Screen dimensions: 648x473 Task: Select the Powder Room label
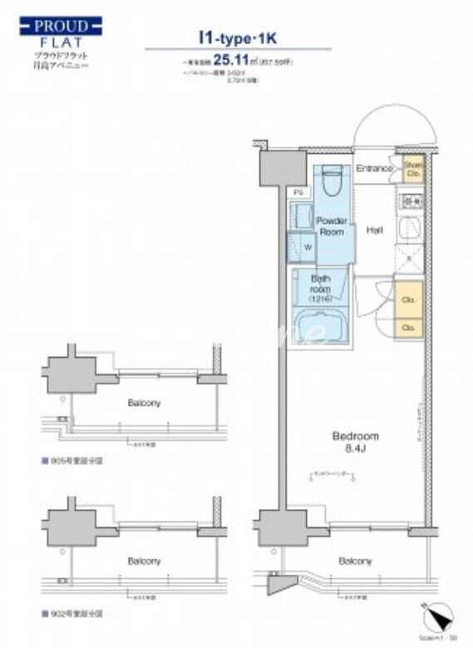click(331, 226)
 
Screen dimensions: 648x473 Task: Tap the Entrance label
click(374, 169)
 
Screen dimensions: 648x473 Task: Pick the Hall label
click(375, 230)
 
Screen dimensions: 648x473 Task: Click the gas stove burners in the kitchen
click(412, 202)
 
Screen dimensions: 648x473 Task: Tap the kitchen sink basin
click(412, 229)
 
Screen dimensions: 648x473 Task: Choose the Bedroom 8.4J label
click(356, 442)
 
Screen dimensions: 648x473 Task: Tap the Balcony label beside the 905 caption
click(144, 403)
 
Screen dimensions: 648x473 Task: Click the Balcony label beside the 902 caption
click(144, 561)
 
